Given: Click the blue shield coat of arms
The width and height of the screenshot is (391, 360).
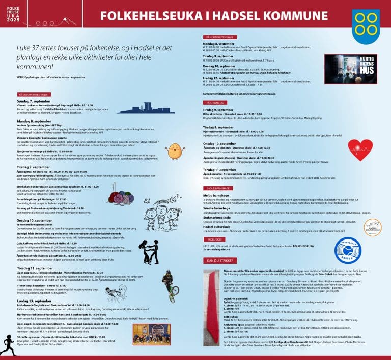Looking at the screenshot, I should (366, 26).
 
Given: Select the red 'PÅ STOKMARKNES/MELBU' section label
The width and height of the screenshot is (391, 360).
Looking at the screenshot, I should (34, 95).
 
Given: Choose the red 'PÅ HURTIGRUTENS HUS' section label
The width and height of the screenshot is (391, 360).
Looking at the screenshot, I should (220, 38).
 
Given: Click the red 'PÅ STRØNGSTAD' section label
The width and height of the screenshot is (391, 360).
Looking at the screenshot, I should (215, 102).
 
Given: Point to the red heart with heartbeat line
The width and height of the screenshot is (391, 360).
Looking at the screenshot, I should (360, 150).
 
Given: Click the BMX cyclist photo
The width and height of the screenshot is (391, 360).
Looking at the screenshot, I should (169, 283).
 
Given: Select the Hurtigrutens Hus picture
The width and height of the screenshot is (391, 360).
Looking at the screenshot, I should (351, 69).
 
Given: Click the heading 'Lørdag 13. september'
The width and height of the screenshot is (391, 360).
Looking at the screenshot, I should (35, 302).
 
